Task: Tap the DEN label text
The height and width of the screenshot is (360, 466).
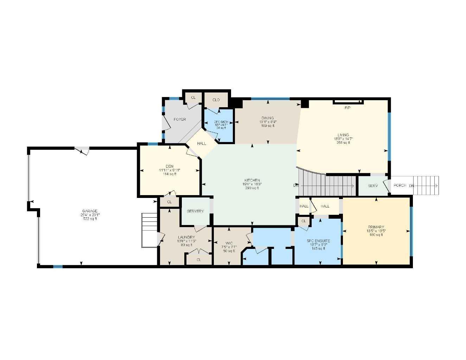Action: pos(170,166)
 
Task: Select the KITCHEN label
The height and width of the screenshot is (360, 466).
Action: pos(252,180)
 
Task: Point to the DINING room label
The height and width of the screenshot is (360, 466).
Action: pos(268,118)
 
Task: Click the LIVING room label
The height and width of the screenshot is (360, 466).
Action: pos(343,135)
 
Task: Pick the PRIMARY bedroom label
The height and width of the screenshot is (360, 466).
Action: pos(376,227)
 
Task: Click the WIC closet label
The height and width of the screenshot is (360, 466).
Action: pos(229,243)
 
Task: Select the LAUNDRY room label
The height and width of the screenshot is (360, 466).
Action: pos(186,237)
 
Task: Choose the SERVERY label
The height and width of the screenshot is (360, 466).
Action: pos(195,211)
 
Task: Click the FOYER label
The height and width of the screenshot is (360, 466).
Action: pos(180,120)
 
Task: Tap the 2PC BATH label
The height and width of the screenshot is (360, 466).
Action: pos(221,122)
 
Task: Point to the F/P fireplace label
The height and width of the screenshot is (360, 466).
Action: pos(347,108)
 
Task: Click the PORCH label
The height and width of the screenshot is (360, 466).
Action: pos(400,185)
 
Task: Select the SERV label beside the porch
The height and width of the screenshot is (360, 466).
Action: pos(373,186)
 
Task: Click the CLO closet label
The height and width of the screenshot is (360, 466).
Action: pos(216,100)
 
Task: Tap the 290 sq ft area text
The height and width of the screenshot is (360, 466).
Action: pos(252,188)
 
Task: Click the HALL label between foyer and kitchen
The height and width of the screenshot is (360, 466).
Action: pos(202,143)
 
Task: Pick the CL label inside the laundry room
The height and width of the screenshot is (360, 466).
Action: pos(199,260)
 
